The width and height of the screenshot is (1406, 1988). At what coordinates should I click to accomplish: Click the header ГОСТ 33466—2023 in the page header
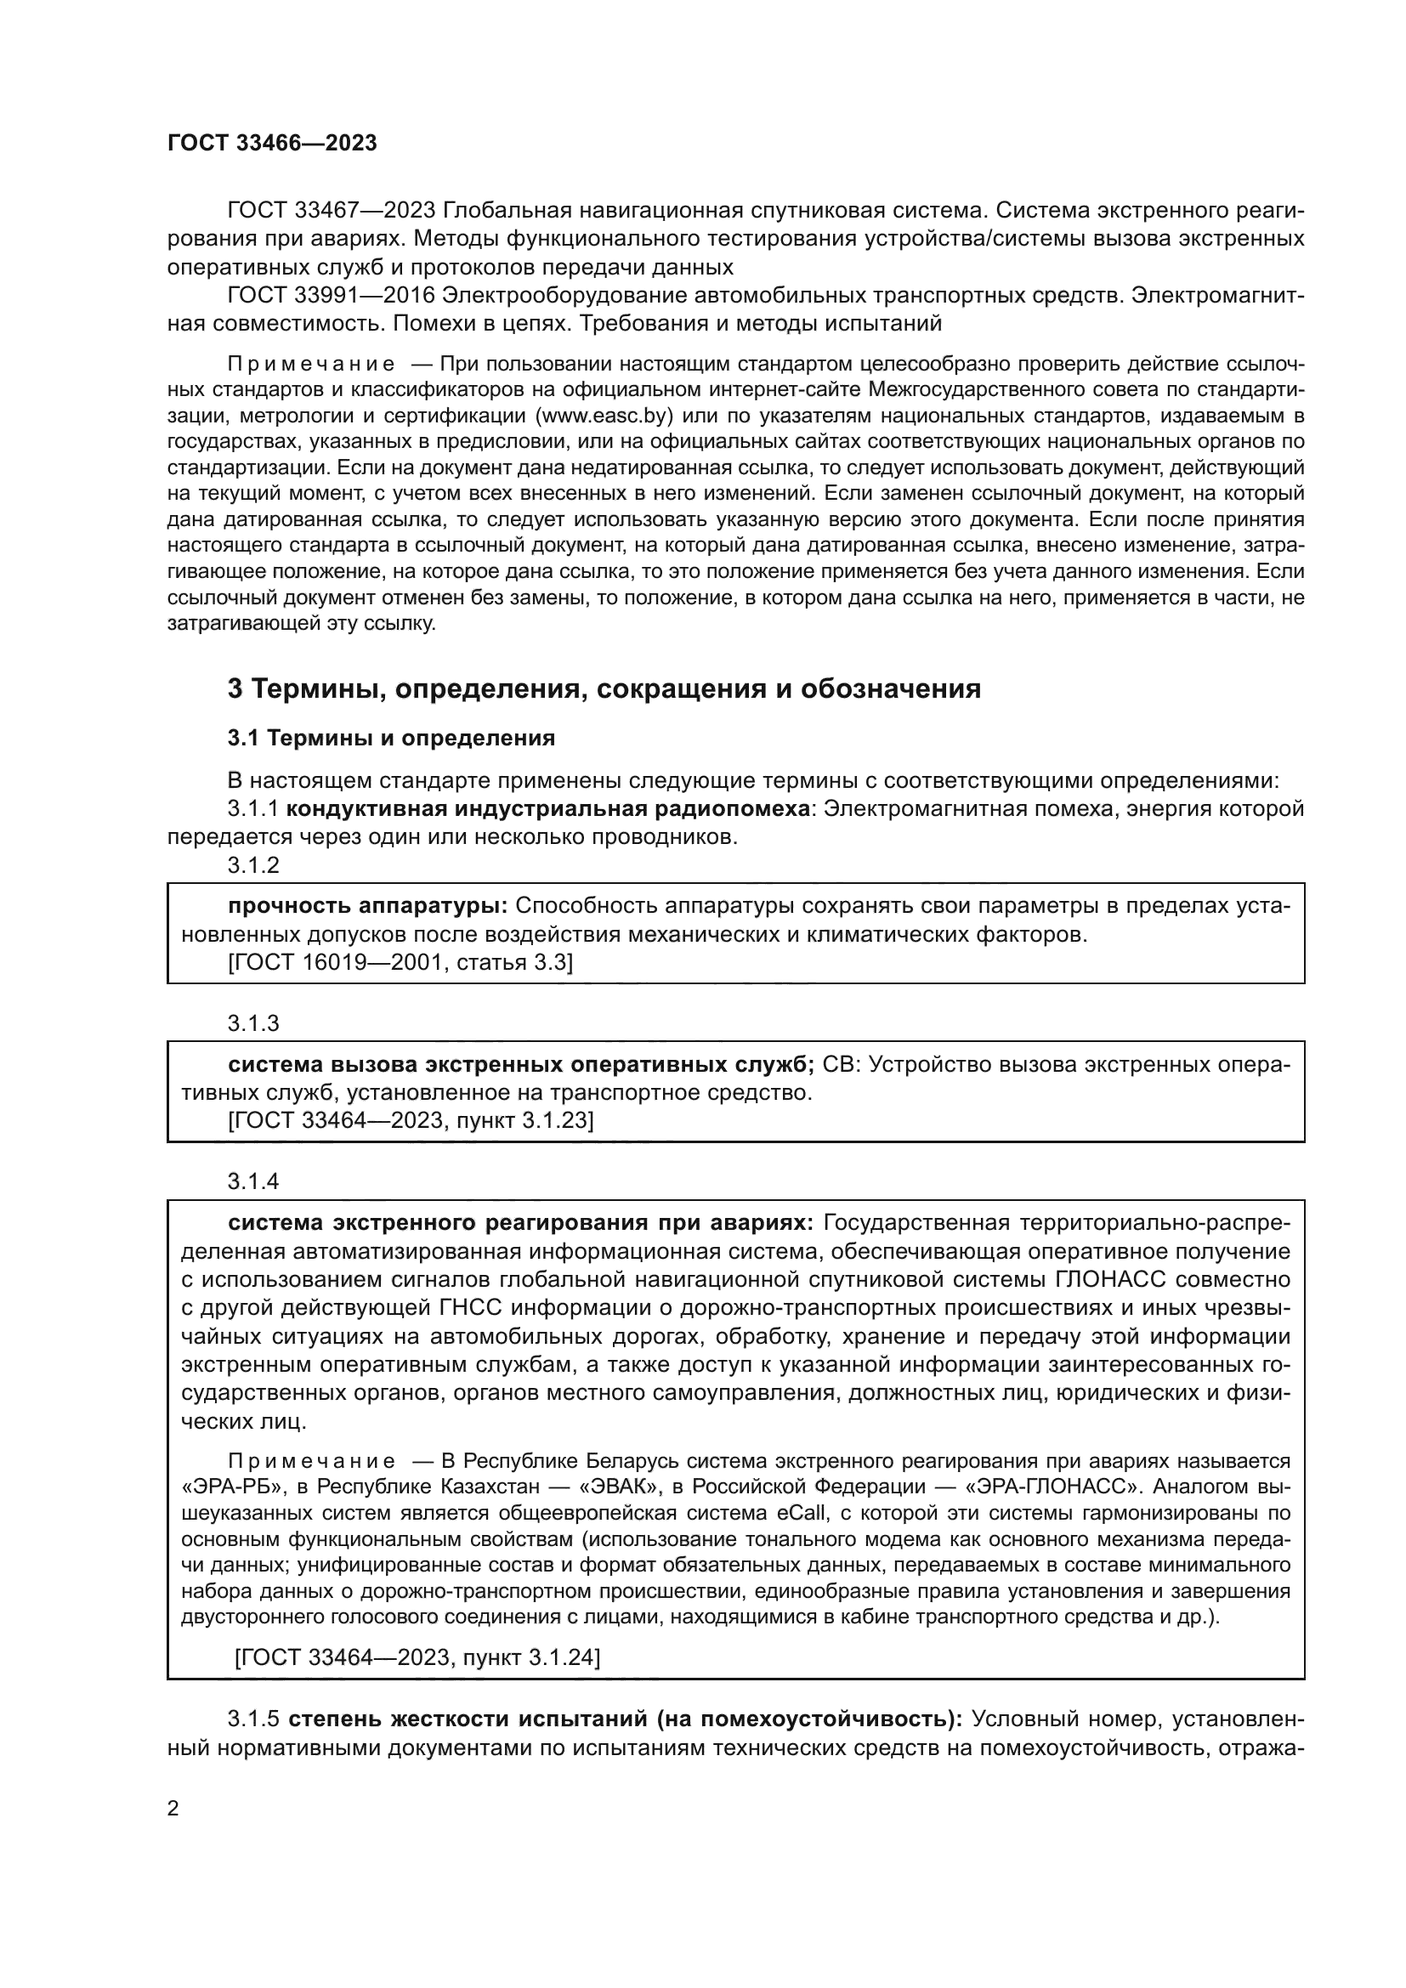pos(272,144)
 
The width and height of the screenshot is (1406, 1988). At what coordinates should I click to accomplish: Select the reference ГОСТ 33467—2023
pos(330,211)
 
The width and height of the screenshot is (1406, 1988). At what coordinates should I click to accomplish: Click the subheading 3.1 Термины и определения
pos(391,738)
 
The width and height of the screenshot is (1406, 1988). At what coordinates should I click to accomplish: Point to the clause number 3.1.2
pos(252,864)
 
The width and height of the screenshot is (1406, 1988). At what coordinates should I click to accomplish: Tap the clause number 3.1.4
pos(252,1181)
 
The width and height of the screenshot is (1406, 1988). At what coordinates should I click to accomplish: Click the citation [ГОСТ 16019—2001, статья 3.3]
pos(400,963)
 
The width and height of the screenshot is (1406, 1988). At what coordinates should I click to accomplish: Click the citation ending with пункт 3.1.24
pos(417,1657)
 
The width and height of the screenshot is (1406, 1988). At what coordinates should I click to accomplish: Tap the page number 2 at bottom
pos(173,1809)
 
